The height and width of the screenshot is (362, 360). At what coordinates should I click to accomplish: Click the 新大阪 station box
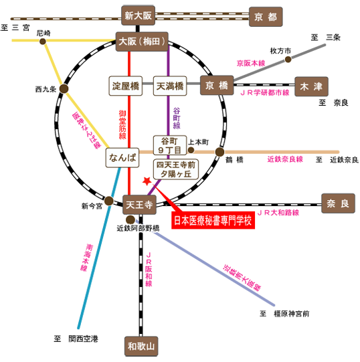click(138, 15)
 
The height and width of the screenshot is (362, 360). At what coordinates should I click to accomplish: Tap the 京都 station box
click(266, 17)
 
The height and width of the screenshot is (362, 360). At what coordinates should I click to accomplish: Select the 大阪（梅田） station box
click(142, 41)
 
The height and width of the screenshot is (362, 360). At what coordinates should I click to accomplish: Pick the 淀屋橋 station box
click(126, 86)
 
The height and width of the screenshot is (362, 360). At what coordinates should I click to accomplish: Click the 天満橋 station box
click(170, 86)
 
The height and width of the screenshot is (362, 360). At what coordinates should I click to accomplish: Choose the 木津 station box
click(311, 86)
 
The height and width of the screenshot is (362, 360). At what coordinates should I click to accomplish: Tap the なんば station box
click(122, 158)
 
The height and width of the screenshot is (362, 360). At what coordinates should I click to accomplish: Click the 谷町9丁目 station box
click(170, 145)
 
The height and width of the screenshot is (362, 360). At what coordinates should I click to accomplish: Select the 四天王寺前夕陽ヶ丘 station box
click(176, 169)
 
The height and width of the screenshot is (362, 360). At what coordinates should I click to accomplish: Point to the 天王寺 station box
click(139, 205)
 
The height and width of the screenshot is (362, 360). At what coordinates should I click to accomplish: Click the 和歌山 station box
click(141, 347)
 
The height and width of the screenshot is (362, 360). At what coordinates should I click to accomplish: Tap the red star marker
click(147, 181)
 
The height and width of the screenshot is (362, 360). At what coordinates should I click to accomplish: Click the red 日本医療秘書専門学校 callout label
click(213, 220)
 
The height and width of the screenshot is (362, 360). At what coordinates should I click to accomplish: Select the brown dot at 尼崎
click(43, 41)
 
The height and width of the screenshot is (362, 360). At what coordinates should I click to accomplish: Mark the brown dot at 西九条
click(64, 88)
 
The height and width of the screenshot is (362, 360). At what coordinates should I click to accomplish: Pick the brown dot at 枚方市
click(288, 60)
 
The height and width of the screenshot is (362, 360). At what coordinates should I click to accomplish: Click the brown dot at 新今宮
click(109, 201)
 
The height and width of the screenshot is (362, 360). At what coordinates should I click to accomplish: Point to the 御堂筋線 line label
click(122, 124)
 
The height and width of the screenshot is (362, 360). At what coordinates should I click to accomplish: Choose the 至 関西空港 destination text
click(76, 339)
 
